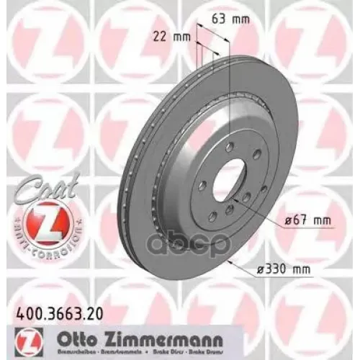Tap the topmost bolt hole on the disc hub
[x=224, y=150]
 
